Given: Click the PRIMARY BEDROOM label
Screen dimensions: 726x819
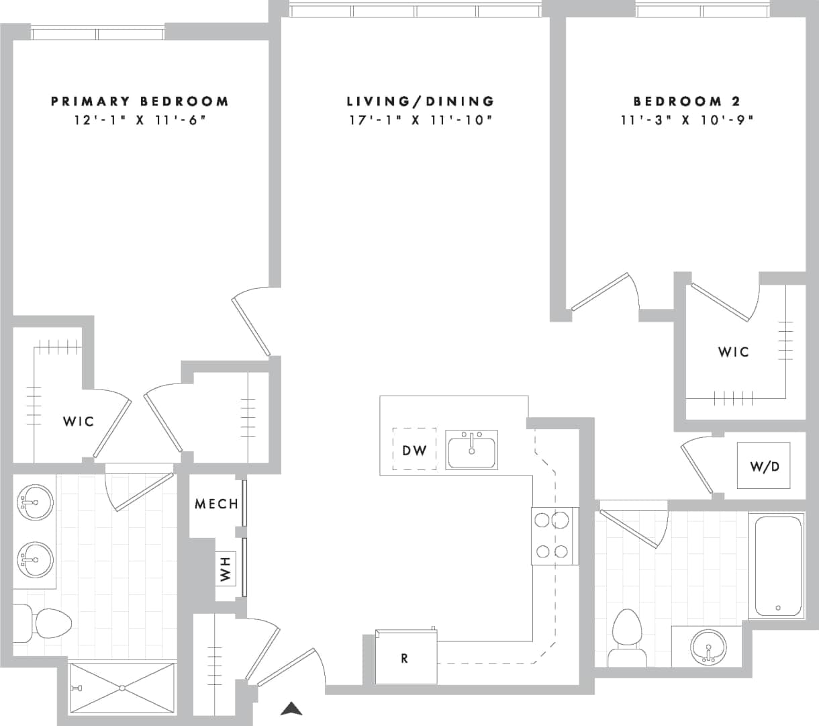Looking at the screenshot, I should point(140,101).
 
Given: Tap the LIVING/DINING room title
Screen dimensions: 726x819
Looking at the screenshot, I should point(421,101).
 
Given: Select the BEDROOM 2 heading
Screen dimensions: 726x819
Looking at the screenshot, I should point(687,101).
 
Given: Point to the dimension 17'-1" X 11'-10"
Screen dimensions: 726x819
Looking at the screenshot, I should point(421,121).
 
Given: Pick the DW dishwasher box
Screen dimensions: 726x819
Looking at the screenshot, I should point(414,450).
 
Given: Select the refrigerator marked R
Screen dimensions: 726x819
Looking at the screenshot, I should point(405,657).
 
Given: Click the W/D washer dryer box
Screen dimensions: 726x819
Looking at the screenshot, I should point(763,465).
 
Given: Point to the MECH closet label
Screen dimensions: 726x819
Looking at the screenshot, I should point(216,504).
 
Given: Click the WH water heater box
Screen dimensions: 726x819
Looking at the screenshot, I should point(226,568).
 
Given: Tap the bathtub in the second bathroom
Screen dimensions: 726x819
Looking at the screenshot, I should point(778,565).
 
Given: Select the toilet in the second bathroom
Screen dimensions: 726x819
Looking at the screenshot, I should point(628,638).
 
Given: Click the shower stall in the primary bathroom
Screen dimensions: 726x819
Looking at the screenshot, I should point(123,688).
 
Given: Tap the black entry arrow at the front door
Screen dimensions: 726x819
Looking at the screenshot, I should point(291,708).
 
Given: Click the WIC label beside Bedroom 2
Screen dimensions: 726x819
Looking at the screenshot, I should point(733,352).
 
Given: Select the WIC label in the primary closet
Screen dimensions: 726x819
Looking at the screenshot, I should point(79,422).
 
